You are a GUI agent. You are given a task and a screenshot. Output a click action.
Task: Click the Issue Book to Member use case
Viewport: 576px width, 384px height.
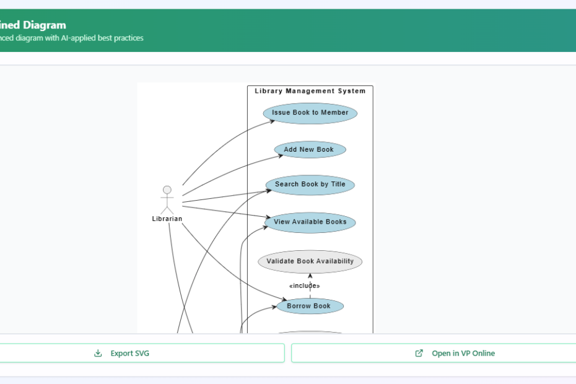[310, 113]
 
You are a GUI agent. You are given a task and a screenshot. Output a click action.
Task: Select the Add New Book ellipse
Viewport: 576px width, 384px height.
[310, 149]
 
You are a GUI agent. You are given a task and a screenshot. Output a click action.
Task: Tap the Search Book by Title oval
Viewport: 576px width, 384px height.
[310, 185]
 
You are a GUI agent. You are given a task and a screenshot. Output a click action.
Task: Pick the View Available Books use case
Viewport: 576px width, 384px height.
[310, 222]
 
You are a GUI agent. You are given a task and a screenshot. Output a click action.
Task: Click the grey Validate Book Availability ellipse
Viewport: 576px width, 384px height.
[310, 261]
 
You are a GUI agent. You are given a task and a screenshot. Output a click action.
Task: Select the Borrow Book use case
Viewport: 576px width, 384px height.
[310, 306]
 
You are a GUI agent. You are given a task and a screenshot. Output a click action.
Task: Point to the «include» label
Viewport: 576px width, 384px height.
[304, 286]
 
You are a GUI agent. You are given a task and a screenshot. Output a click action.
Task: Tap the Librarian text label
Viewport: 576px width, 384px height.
[167, 219]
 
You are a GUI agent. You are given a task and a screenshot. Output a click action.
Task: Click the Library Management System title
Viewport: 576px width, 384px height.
[310, 91]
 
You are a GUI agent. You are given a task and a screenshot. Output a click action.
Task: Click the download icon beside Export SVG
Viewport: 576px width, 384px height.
[98, 353]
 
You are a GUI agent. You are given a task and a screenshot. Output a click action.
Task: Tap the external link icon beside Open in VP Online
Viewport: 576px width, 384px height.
[419, 353]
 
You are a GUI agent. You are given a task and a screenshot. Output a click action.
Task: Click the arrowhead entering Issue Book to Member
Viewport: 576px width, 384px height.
[273, 121]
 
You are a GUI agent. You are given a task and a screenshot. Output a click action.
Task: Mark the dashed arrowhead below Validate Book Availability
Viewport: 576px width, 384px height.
[310, 276]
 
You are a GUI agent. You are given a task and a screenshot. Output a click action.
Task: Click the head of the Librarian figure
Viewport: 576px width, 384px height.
[167, 190]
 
